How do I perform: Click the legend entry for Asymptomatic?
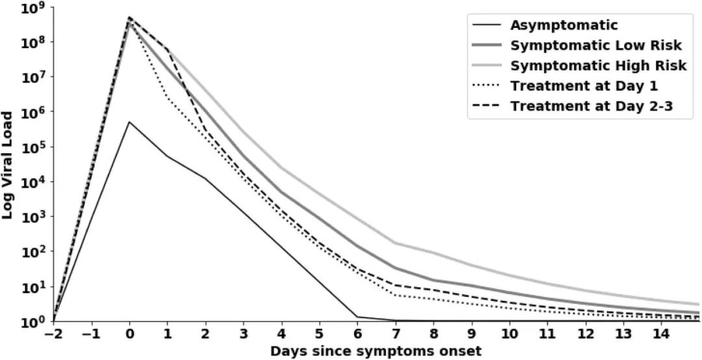[x=564, y=25]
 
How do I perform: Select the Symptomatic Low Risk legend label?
[x=595, y=45]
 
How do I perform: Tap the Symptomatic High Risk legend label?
[x=598, y=66]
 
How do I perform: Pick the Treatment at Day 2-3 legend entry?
[x=591, y=106]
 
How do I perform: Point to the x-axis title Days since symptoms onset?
[x=376, y=351]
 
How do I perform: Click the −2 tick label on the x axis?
[x=54, y=334]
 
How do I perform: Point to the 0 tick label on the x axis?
[x=130, y=334]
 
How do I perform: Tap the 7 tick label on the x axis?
[x=396, y=334]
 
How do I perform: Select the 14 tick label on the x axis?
[x=662, y=334]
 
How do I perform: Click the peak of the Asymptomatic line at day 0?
[x=130, y=122]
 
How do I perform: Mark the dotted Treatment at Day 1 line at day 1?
[x=168, y=97]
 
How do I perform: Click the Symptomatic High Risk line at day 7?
[x=396, y=243]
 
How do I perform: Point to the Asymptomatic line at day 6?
[x=357, y=317]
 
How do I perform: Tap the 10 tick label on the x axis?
[x=510, y=334]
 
